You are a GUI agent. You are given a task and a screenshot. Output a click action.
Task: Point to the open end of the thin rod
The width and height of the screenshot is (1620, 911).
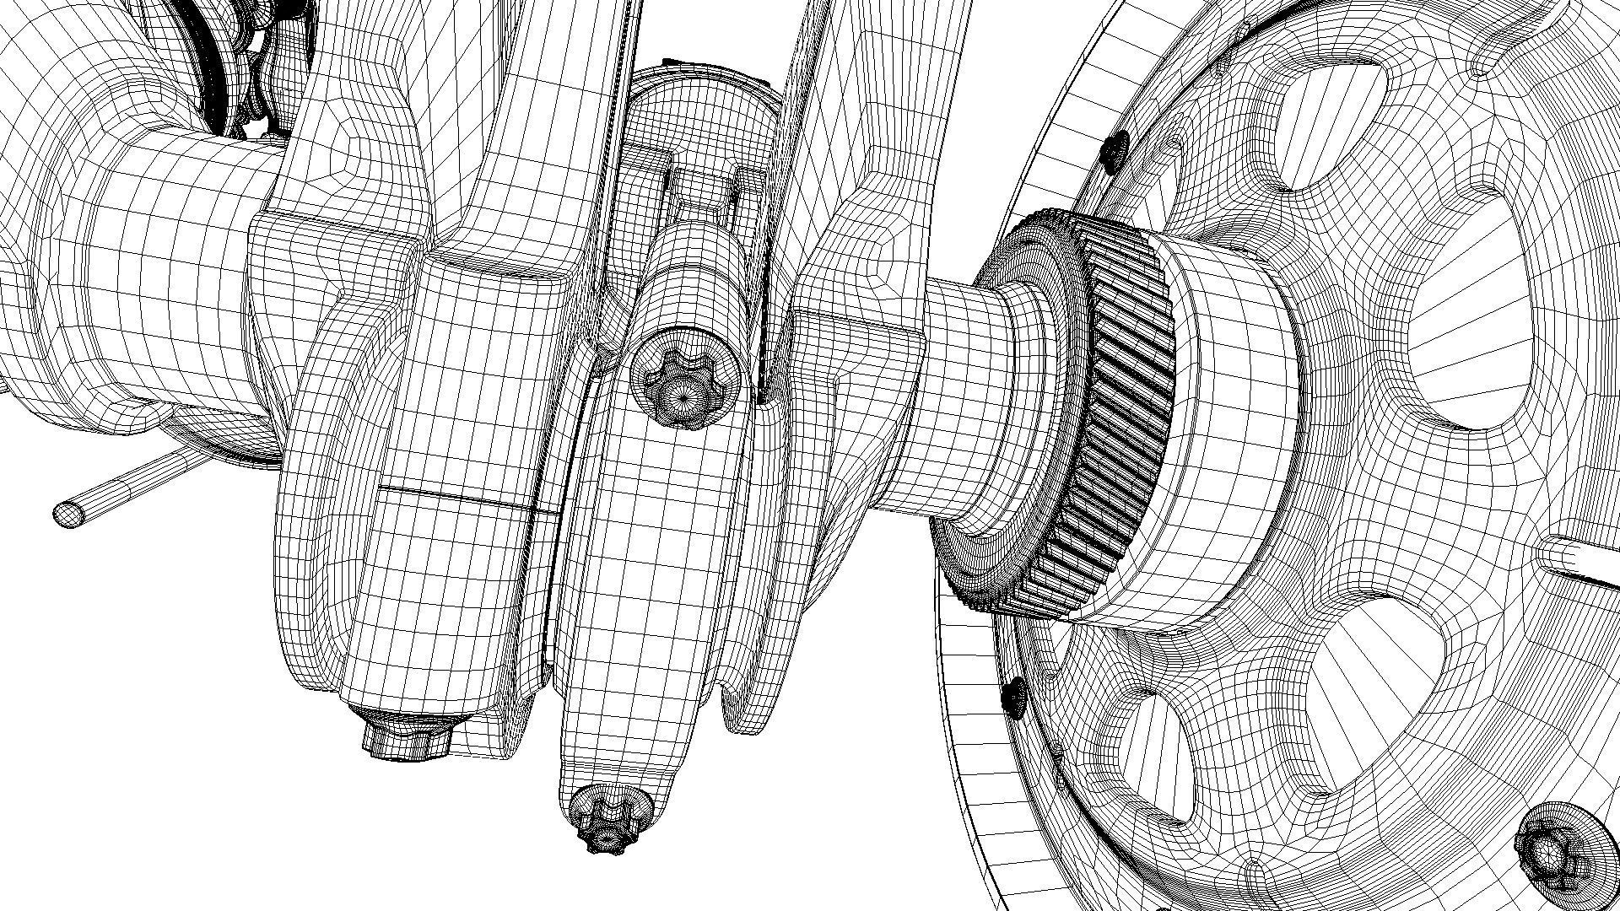67,513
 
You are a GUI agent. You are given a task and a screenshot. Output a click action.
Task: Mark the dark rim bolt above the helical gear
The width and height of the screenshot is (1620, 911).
1115,150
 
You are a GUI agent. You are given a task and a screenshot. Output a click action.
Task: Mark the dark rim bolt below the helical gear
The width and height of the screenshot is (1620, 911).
1015,697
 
